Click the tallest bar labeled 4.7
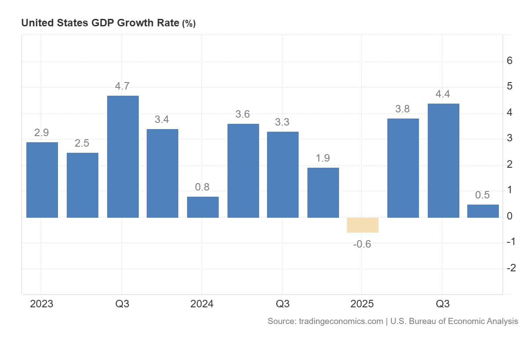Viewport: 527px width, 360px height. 123,156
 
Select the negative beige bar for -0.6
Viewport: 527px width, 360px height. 362,225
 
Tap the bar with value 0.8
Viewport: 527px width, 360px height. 203,207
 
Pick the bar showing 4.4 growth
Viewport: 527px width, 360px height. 443,160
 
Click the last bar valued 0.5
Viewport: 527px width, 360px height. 483,211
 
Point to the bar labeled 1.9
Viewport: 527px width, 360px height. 323,192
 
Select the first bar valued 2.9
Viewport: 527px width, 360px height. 42,180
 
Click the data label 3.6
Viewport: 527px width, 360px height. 242,114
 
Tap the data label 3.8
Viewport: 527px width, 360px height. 402,109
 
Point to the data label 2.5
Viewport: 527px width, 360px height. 82,143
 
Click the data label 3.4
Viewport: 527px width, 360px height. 162,119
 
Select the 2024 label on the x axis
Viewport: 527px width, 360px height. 202,304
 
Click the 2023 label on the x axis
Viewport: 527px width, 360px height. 42,304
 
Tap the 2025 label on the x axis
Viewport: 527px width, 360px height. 362,304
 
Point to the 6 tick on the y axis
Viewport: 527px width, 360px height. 509,61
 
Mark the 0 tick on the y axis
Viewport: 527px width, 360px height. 509,216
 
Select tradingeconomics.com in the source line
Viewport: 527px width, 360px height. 341,321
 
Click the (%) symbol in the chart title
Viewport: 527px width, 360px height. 189,24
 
